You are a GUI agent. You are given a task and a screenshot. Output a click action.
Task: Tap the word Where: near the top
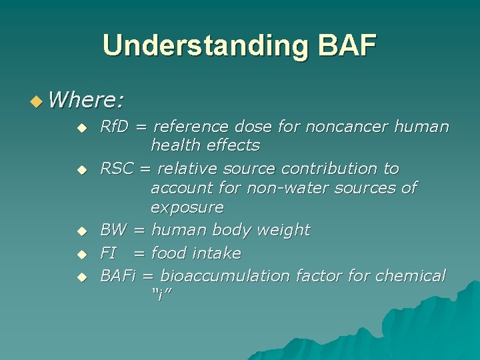86,100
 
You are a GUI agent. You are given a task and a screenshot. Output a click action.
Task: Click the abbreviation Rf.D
121,126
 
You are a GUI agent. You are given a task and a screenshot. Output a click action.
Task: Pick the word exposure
187,207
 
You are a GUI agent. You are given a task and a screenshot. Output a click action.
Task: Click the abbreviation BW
113,230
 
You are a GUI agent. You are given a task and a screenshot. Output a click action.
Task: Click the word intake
217,253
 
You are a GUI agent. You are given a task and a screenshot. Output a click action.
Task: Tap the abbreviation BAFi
120,276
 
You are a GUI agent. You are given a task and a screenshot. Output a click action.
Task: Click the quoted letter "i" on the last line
161,295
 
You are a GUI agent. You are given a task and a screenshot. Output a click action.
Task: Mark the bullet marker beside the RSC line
81,171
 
